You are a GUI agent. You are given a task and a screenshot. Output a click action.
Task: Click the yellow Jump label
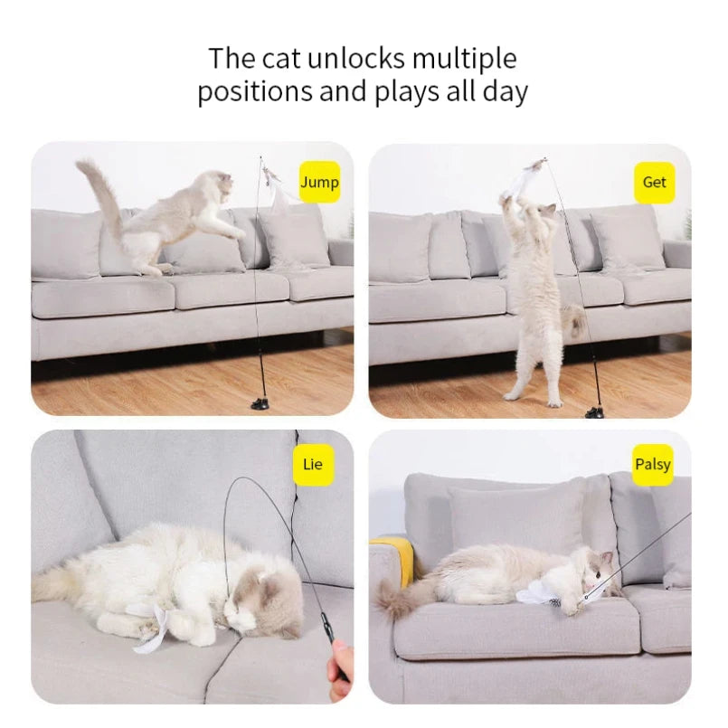[x=318, y=183]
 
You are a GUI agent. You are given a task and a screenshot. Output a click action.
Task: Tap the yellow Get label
[x=654, y=182]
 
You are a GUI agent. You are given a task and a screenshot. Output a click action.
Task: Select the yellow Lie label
[x=312, y=465]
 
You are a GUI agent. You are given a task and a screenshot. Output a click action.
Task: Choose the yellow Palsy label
[x=652, y=465]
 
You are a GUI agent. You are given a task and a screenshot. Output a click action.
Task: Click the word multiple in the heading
[x=464, y=59]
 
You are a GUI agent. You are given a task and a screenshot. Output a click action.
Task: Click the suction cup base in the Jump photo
[x=260, y=403]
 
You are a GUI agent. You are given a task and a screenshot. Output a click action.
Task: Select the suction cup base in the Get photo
[x=594, y=411]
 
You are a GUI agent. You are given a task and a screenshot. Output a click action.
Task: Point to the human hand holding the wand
[x=340, y=669]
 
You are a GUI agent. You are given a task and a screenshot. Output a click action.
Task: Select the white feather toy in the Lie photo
[x=153, y=629]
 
